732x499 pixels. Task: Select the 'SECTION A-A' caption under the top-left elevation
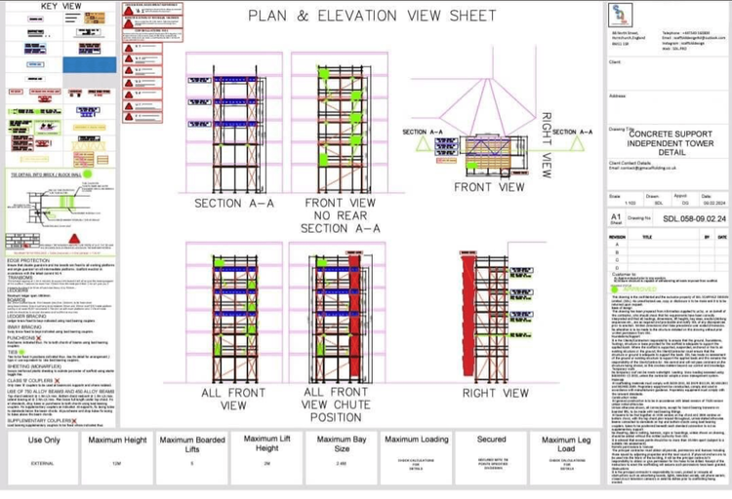click(234, 204)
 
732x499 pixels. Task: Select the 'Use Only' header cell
click(43, 440)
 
